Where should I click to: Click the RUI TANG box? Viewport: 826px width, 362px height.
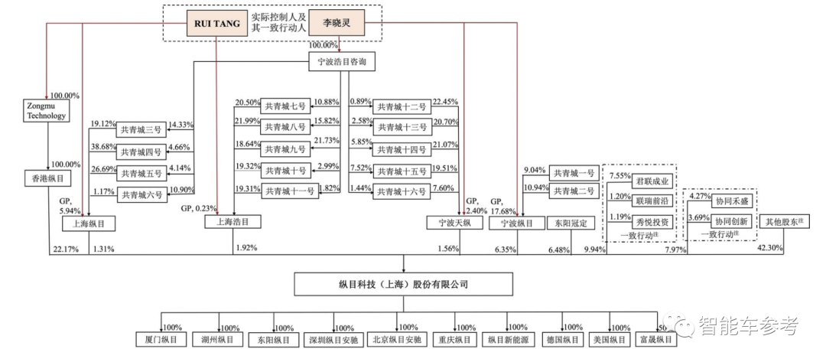[217, 24]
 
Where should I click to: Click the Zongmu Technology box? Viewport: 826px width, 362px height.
[46, 111]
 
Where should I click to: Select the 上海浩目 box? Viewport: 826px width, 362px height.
[233, 223]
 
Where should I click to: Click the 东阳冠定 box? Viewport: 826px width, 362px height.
[567, 223]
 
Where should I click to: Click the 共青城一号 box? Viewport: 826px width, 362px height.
[572, 174]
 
